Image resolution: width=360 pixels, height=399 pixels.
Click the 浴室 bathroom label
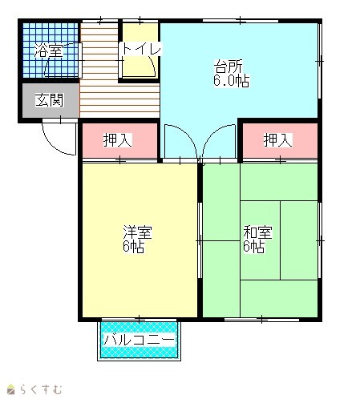click(x=49, y=50)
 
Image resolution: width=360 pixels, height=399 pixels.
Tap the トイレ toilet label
click(x=141, y=49)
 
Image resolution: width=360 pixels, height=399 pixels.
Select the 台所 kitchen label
click(x=229, y=66)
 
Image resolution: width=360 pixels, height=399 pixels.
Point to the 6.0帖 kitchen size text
click(x=232, y=81)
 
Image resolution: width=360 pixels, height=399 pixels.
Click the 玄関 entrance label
click(x=50, y=100)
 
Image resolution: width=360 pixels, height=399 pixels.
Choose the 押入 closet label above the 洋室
click(x=118, y=139)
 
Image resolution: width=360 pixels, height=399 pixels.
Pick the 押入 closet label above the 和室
click(x=278, y=139)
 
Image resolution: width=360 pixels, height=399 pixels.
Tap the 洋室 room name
click(x=137, y=232)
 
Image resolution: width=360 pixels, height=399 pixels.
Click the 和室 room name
click(x=257, y=232)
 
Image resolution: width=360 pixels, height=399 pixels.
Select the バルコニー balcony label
click(x=139, y=340)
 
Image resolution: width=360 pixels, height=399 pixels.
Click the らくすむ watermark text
click(x=41, y=389)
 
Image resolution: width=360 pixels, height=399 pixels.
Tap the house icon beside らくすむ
click(x=11, y=389)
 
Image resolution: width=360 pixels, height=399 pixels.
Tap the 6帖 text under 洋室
click(x=134, y=247)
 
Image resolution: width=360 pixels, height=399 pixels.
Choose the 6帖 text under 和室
click(x=254, y=247)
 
